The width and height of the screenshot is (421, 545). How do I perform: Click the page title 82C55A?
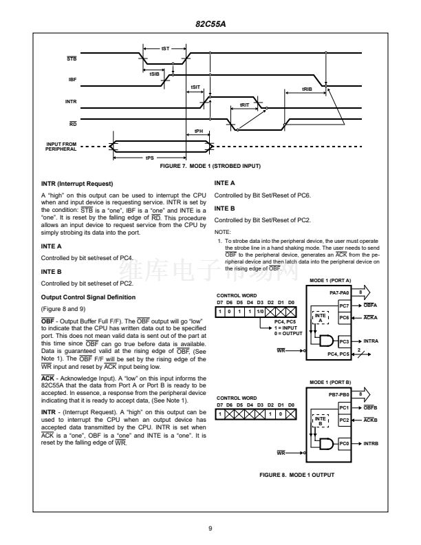coord(210,24)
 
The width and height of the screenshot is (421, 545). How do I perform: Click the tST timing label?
coord(165,49)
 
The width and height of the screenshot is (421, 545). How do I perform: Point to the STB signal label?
coord(72,58)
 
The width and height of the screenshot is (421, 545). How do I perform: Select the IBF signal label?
coord(72,80)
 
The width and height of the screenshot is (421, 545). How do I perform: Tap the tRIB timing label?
coord(307,89)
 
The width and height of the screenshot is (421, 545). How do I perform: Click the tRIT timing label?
coord(244,105)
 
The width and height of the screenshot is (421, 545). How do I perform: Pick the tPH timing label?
coord(198,131)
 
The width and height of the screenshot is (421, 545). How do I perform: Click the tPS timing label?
coord(150,158)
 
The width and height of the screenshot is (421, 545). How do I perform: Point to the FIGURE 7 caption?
coord(210,166)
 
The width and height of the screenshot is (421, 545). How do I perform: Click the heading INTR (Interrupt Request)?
coord(77,184)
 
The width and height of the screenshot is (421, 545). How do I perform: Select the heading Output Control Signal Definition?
coord(88,297)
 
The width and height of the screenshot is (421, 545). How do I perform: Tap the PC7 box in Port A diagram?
coord(344,306)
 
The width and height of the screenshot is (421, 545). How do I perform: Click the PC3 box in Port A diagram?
coord(344,342)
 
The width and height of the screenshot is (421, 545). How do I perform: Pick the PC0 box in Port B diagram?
coord(344,444)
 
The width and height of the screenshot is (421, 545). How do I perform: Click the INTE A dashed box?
coord(321,317)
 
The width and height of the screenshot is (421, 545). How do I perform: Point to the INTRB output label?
coord(371,444)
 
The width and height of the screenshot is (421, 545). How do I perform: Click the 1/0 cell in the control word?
coord(260,312)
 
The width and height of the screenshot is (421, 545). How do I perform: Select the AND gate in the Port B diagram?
coord(326,444)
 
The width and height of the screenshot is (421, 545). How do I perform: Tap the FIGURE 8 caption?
coord(296,475)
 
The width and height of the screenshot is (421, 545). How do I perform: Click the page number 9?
coord(210,528)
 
